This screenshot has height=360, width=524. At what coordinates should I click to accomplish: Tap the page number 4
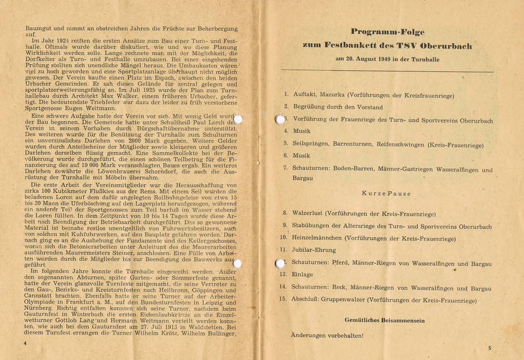pyautogui.click(x=24, y=343)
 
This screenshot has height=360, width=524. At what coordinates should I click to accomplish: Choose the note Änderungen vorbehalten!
pyautogui.click(x=327, y=335)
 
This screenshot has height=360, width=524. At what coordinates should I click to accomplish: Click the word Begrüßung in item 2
pyautogui.click(x=312, y=106)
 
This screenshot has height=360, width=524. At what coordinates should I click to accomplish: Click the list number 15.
pyautogui.click(x=284, y=299)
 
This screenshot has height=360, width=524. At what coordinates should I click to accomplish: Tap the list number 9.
pyautogui.click(x=285, y=225)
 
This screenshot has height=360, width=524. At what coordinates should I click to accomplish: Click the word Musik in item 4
pyautogui.click(x=301, y=131)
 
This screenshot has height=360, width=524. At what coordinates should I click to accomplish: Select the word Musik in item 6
pyautogui.click(x=301, y=156)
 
